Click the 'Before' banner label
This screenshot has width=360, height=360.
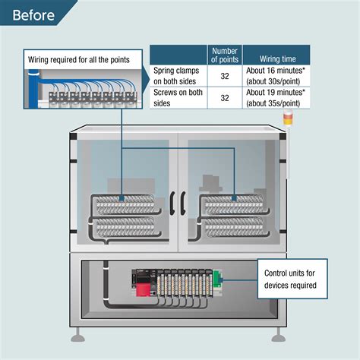coord(33,15)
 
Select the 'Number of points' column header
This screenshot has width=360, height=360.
coord(225,55)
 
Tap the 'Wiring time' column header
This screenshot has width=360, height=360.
coord(278,59)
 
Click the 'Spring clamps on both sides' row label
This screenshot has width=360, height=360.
coord(176,76)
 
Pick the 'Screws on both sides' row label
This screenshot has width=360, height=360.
coord(178,98)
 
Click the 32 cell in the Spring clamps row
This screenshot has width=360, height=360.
coord(225,76)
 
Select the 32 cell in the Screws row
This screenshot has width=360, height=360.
coord(225,98)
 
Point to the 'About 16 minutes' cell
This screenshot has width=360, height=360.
coord(276,76)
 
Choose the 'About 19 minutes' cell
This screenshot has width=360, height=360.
coord(276,98)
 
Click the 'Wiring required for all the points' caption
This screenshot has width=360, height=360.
coord(79,60)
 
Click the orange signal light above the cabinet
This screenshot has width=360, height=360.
coord(288,118)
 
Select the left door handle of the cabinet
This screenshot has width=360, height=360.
coord(172,204)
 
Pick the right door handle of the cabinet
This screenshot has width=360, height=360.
coord(183,204)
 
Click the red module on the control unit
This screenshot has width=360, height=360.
coord(143,289)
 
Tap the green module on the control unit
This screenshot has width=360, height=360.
coord(217,279)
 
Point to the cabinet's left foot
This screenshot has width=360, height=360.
coord(77,336)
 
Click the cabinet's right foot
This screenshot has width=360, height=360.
coord(279,336)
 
